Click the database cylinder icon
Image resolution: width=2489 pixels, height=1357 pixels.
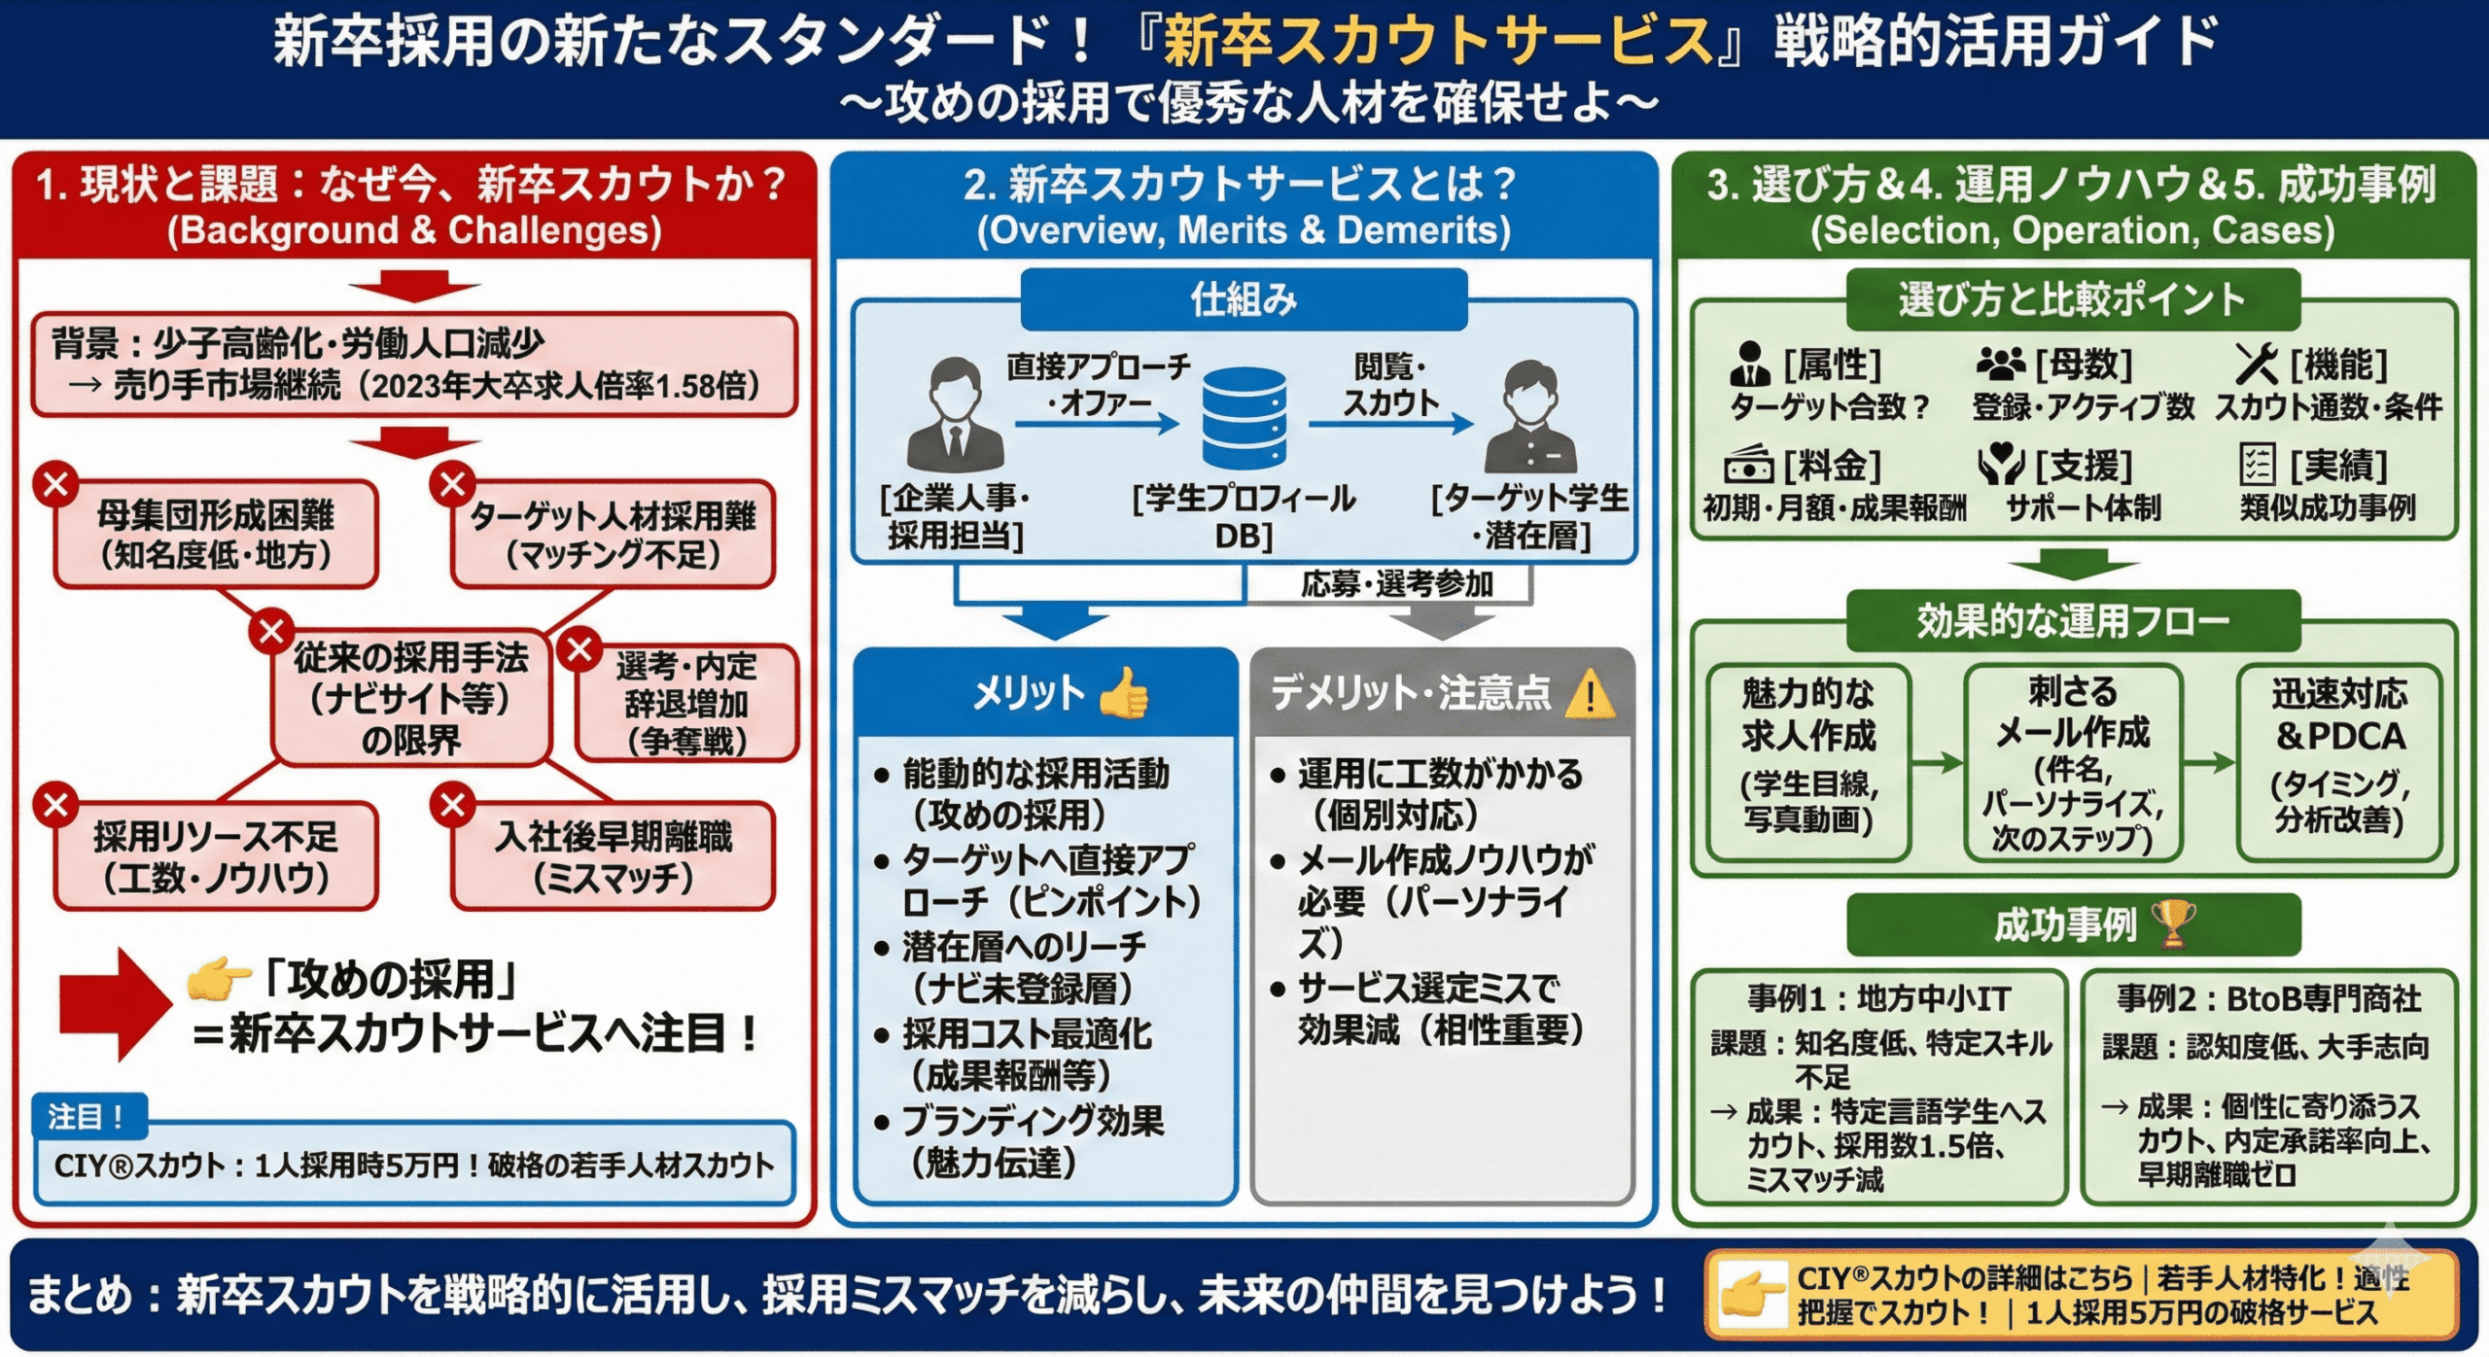pos(1244,418)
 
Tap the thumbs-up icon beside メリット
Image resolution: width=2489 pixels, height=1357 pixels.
pos(1125,693)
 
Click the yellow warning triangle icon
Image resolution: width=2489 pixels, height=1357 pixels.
pos(1591,694)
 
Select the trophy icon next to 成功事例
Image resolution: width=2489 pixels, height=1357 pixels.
pos(2174,923)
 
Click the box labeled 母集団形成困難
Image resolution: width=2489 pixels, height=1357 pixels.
pos(216,535)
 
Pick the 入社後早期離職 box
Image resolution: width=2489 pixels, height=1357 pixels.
pos(613,856)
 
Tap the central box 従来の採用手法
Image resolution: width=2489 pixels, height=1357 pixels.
pos(411,698)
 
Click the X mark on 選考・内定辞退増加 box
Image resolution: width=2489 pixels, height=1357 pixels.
pos(580,648)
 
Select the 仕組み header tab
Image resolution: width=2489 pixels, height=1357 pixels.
pos(1244,299)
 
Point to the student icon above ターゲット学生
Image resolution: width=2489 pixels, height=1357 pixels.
pos(1530,418)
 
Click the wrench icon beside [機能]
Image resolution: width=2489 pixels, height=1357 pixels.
pos(2257,365)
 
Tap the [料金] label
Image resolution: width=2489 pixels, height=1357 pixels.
pos(1832,466)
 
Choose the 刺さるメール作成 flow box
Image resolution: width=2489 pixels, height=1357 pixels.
pos(2072,763)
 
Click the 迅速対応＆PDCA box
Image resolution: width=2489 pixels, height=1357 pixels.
pos(2338,763)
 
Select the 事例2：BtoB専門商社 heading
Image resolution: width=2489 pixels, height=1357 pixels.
pos(2269,998)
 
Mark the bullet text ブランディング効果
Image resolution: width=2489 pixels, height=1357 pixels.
pos(1033,1121)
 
